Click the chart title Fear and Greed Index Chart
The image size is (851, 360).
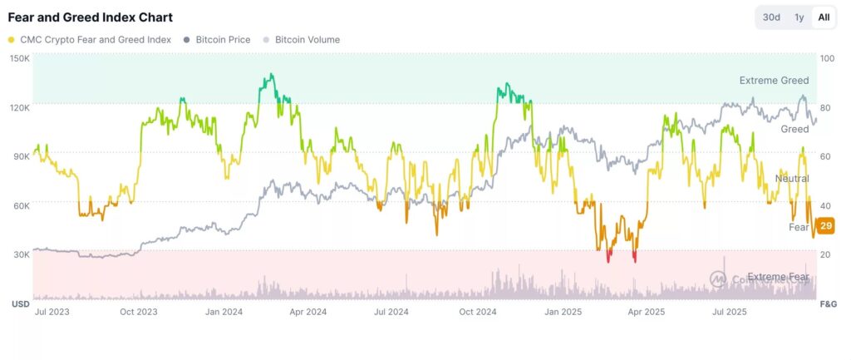click(x=91, y=17)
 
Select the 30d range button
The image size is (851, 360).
click(x=771, y=17)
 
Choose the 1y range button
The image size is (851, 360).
click(x=799, y=17)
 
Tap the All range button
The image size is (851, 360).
click(x=824, y=17)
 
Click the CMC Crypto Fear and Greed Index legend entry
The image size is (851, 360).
click(x=94, y=39)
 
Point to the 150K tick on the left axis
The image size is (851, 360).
click(x=20, y=58)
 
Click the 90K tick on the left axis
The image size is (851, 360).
click(x=20, y=155)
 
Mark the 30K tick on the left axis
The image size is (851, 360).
click(x=20, y=254)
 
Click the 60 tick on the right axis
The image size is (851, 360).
click(x=825, y=155)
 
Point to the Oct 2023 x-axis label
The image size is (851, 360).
click(x=138, y=313)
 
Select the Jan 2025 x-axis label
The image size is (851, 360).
click(x=563, y=313)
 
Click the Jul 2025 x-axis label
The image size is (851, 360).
click(x=730, y=313)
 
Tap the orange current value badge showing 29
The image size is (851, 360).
click(x=825, y=226)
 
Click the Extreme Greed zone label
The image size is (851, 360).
click(x=774, y=81)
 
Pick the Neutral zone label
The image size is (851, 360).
click(x=791, y=179)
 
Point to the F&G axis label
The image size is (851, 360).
click(x=828, y=304)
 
